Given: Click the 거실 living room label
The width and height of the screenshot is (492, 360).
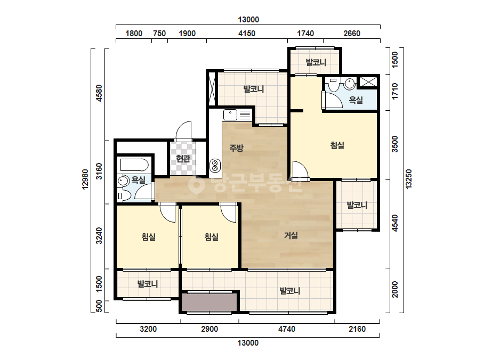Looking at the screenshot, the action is (291, 235).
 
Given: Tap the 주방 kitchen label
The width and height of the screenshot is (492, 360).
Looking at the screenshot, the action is (236, 148).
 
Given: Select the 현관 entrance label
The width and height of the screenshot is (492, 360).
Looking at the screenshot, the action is (183, 159).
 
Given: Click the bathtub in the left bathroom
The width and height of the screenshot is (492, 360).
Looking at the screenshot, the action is (134, 165).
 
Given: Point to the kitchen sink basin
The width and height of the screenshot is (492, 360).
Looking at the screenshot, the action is (230, 115).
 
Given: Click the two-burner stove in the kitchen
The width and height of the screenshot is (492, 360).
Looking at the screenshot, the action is (215, 166).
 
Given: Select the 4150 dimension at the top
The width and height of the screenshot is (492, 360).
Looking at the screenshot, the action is (247, 33).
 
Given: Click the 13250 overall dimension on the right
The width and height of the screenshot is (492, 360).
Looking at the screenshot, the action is (408, 179).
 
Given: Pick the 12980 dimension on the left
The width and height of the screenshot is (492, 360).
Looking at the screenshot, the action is (85, 179).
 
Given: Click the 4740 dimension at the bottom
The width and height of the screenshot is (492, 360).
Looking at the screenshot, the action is (287, 329).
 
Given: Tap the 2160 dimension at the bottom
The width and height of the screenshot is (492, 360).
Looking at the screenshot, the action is (357, 329).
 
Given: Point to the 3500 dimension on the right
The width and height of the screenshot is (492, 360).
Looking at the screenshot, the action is (395, 144).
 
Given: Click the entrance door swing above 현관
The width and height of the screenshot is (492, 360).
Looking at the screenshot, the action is (183, 131).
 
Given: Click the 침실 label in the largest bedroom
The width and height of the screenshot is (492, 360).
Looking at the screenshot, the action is (337, 145).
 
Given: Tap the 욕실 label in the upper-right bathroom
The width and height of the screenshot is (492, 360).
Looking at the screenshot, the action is (356, 100).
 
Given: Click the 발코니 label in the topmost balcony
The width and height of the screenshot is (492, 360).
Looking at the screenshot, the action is (316, 62).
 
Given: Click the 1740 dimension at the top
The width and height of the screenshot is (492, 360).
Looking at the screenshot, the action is (305, 33).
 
